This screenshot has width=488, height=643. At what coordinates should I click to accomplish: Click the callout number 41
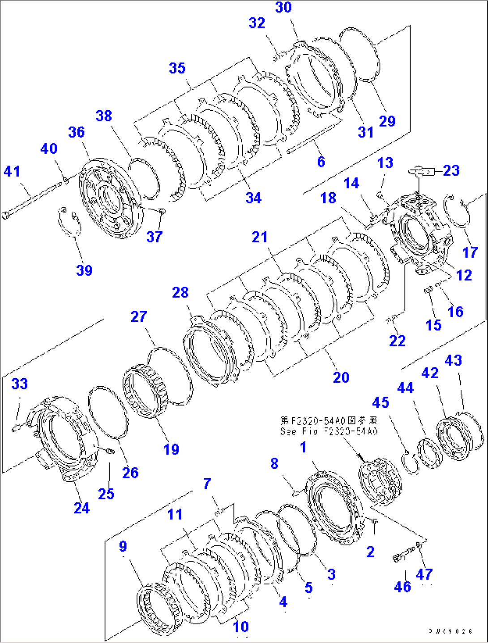click(x=12, y=171)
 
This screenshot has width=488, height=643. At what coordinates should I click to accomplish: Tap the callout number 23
click(x=451, y=170)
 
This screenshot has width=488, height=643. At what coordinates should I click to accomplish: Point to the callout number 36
click(x=76, y=132)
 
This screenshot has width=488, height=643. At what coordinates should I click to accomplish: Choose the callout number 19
click(x=171, y=449)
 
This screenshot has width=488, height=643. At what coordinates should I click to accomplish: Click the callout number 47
click(x=424, y=574)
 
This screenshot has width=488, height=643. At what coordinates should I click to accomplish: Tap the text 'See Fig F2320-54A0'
click(x=329, y=431)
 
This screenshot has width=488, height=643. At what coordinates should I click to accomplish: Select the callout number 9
click(x=123, y=546)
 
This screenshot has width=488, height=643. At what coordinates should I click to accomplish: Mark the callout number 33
click(x=19, y=384)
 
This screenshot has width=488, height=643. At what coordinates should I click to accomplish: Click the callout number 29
click(x=387, y=121)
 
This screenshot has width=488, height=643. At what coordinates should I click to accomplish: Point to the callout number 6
click(x=321, y=162)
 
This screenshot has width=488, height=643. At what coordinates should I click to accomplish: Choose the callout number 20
click(x=341, y=377)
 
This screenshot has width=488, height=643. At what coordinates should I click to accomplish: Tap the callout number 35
click(x=177, y=68)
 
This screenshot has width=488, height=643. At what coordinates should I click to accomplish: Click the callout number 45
click(x=380, y=402)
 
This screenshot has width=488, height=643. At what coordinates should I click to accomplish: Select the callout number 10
click(x=241, y=626)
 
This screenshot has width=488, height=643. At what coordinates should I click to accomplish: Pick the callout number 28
click(x=180, y=293)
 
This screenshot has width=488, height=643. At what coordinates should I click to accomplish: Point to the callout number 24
click(x=81, y=508)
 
